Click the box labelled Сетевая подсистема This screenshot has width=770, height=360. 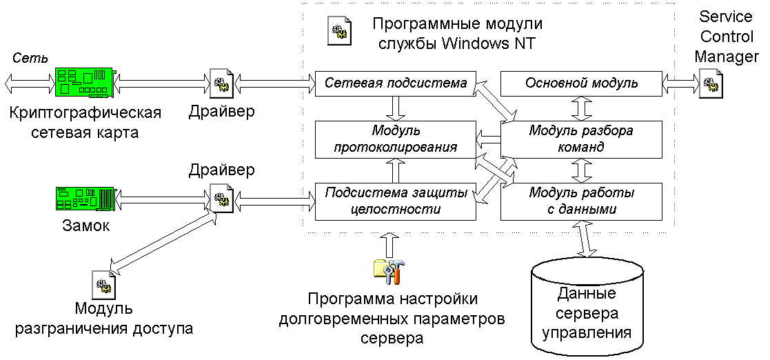point(395,83)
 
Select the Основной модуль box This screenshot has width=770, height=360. point(581,83)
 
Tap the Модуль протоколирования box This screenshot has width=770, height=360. point(395,139)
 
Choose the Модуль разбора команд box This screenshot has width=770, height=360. point(581,139)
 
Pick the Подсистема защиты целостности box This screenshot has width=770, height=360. point(395,201)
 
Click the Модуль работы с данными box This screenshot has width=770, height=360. point(581,201)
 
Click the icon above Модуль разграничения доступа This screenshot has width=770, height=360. point(103,282)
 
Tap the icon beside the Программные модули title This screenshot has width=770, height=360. point(338,28)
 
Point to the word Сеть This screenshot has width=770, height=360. point(30,59)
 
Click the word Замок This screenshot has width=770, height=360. point(86,227)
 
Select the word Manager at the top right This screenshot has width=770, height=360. point(726,57)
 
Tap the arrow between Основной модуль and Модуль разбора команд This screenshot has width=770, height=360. point(582,108)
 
